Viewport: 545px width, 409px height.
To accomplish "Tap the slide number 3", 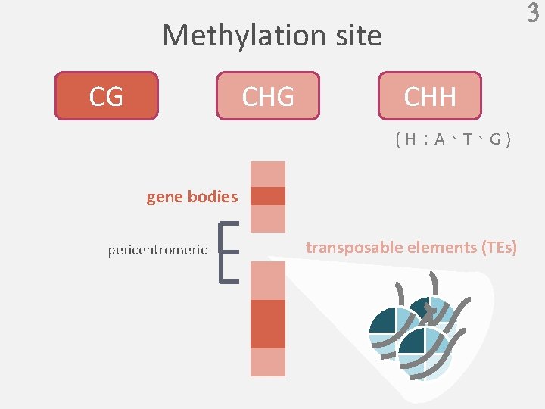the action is (x=533, y=14).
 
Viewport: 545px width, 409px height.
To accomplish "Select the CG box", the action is (x=106, y=96).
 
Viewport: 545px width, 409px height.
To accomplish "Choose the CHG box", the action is (x=268, y=96).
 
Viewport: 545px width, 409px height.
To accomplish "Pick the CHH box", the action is (x=429, y=96).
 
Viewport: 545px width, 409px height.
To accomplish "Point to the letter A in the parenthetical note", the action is (x=440, y=139).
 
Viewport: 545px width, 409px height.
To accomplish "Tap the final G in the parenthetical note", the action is (x=495, y=139).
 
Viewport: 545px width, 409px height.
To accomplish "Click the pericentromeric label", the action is (x=157, y=250).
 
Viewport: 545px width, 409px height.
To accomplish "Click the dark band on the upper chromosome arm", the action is (x=268, y=196).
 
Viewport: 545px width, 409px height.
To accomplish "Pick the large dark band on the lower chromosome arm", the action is (x=268, y=323).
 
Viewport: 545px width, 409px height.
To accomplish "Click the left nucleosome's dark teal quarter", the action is (x=383, y=322).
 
